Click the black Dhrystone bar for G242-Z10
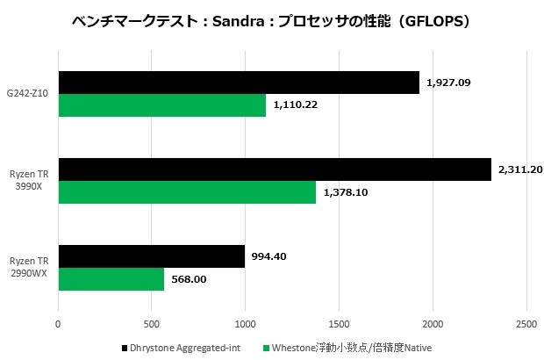pos(239,83)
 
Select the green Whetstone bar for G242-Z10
pos(162,105)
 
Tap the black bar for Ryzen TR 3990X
pos(275,169)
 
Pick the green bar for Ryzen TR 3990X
pos(187,191)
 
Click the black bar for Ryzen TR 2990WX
pos(151,256)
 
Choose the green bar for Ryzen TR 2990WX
pos(111,278)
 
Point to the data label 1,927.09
pos(448,83)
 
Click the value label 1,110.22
pos(296,105)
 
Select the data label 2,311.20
pos(520,169)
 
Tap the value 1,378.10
pos(346,191)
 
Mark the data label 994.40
pos(269,256)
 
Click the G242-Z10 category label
pos(28,94)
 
